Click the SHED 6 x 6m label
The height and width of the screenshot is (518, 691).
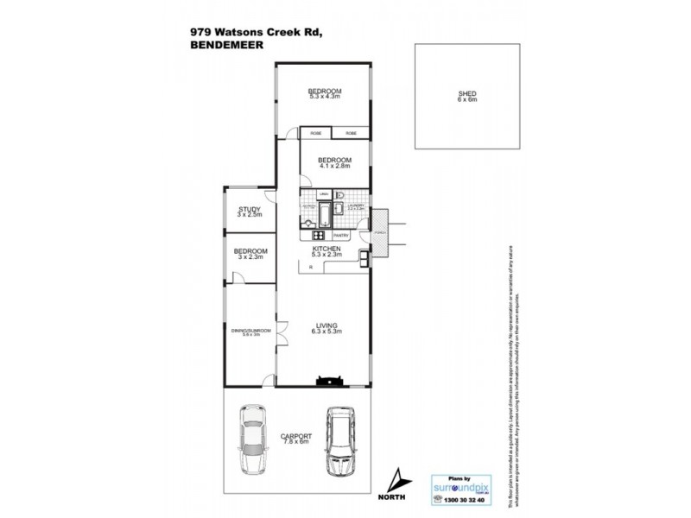pos(466,97)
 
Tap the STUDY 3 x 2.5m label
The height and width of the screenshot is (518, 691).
pos(250,212)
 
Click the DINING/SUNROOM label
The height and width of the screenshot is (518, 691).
pos(250,332)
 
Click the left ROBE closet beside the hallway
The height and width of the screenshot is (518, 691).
pos(316,134)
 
